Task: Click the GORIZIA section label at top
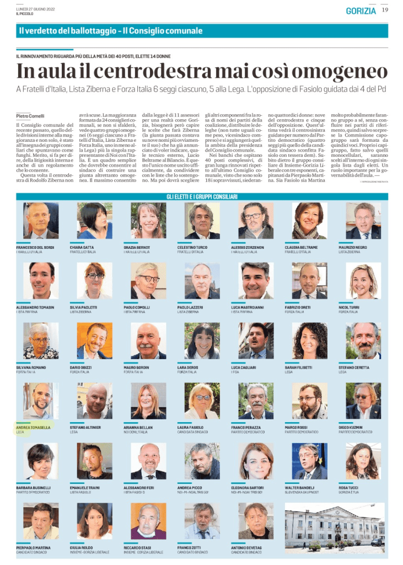pos(361,10)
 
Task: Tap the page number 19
pos(385,10)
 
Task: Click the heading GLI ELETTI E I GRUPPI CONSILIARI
pos(202,196)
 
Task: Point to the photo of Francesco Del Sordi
pos(41,221)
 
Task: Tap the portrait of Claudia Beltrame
pos(309,221)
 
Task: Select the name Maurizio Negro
pos(353,247)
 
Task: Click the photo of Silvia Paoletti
pos(94,281)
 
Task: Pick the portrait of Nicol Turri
pos(363,281)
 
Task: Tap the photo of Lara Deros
pos(202,341)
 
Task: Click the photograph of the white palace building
pos(335,526)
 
